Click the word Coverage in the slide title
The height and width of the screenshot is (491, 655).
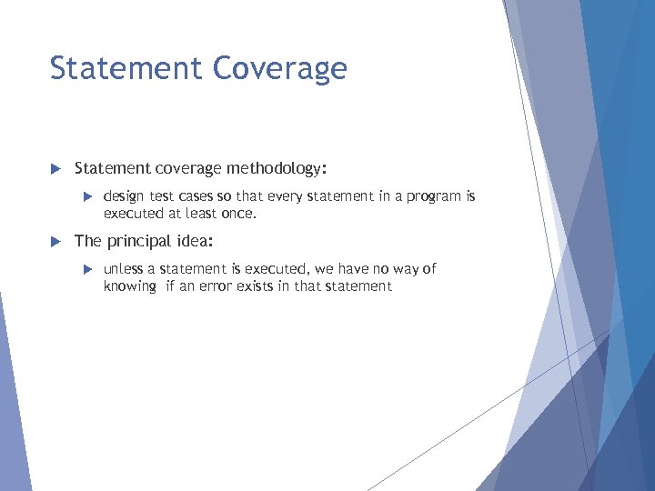coord(281,69)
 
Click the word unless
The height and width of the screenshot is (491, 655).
coord(124,268)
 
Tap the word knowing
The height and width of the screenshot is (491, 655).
coord(130,286)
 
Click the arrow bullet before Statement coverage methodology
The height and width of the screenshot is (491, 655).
coord(55,169)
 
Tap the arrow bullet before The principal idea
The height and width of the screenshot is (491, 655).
coord(55,242)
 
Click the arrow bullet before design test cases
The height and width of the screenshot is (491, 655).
coord(88,196)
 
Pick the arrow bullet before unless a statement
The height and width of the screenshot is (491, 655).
coord(88,269)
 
